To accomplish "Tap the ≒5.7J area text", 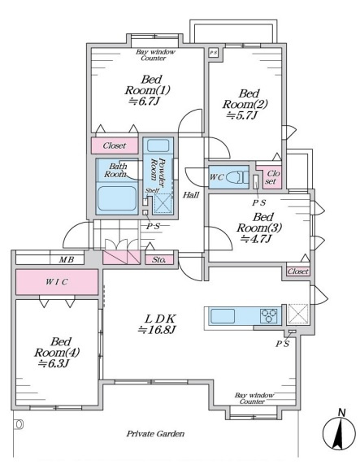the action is (x=241, y=115).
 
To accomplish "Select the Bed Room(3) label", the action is (x=258, y=223).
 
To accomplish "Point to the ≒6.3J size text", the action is (x=54, y=363).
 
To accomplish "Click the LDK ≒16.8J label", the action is (x=157, y=324).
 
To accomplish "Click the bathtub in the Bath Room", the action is (x=117, y=198).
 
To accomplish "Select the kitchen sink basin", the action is (x=223, y=316).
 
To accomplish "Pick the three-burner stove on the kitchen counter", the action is (x=269, y=316).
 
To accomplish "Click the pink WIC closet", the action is (x=57, y=282).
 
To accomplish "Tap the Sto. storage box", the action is (x=159, y=260).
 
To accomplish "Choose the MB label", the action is (x=66, y=259).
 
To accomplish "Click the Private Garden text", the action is (x=155, y=434).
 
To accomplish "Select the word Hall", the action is (x=191, y=195).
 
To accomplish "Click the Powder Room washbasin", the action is (x=158, y=145).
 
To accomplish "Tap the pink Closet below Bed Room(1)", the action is (x=115, y=145).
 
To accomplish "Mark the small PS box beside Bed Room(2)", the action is (x=213, y=53).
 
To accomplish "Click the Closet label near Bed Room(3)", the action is (x=298, y=271).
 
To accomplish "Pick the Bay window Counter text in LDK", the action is (x=254, y=398).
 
